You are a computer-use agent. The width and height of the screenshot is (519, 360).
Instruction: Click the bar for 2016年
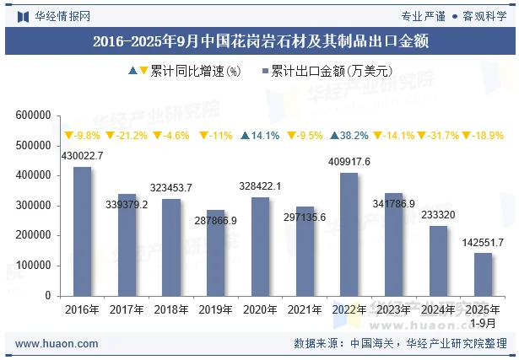tap(82, 231)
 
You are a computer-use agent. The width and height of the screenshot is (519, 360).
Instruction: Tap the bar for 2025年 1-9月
tap(483, 274)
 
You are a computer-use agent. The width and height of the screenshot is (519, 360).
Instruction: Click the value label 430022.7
tap(82, 156)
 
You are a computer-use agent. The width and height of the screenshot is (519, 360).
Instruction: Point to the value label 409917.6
tap(349, 162)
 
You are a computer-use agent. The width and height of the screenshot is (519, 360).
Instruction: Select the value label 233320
tap(437, 215)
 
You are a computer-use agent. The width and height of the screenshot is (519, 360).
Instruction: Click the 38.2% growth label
tap(349, 135)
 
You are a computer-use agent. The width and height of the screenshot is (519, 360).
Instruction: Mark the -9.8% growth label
tap(82, 135)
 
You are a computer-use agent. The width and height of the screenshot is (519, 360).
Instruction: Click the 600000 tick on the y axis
tap(34, 116)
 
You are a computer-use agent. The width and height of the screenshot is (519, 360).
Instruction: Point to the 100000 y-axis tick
tap(34, 266)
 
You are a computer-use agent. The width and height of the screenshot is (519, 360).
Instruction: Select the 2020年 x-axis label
tap(259, 309)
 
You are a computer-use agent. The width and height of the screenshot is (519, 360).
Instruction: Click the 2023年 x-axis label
tap(393, 309)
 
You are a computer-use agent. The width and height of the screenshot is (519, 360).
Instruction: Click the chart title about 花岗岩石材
tap(260, 40)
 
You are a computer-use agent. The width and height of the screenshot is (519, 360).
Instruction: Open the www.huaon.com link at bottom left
tap(57, 344)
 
